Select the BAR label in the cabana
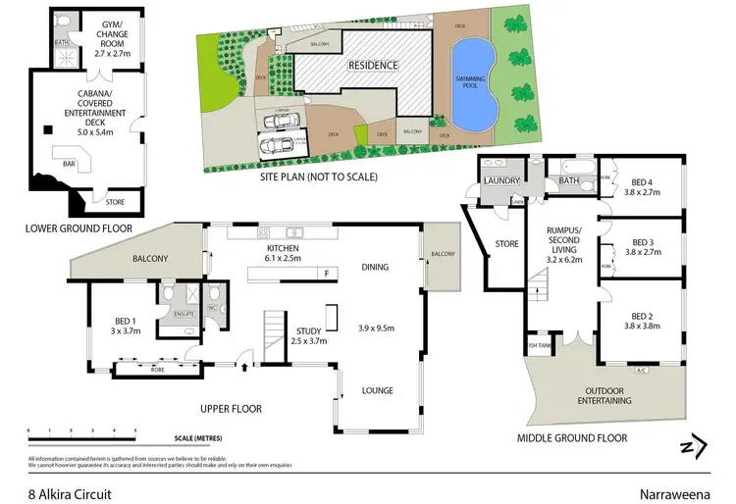[70, 165]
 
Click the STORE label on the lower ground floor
[116, 202]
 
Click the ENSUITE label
[181, 314]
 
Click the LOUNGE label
[377, 390]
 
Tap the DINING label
[376, 267]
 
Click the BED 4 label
[643, 186]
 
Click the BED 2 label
[643, 321]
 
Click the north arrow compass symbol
[695, 446]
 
